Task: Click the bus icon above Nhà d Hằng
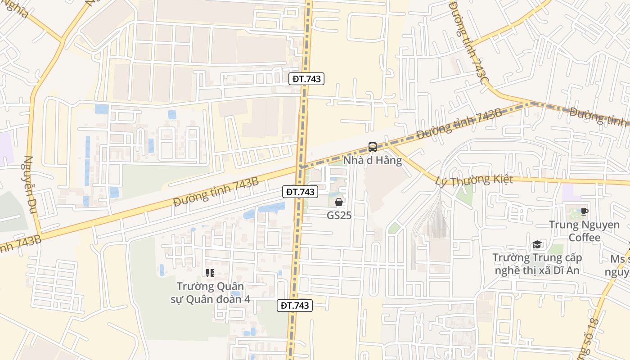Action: click(373, 147)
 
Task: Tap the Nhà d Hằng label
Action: click(373, 161)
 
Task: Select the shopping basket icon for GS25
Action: click(339, 202)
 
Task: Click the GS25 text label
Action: click(339, 216)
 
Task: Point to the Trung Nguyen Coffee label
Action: click(584, 231)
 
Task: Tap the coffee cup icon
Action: click(584, 211)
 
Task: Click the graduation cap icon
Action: click(537, 244)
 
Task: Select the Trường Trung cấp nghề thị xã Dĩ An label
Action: click(537, 264)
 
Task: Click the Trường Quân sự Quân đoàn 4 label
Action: click(210, 292)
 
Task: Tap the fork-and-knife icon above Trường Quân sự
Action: click(210, 273)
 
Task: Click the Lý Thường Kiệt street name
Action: click(474, 180)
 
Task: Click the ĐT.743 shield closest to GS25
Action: click(301, 192)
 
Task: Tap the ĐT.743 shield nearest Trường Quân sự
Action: click(294, 306)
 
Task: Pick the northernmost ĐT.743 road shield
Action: click(306, 79)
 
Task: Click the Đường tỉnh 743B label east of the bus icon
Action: click(459, 122)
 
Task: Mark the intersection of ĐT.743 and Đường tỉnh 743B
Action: click(301, 167)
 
